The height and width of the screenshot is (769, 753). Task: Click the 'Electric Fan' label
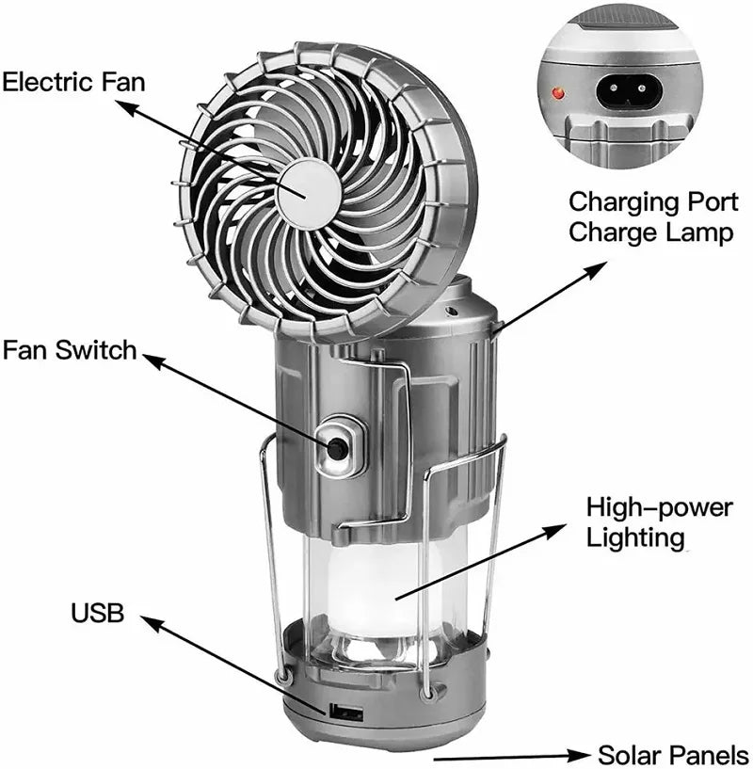coord(74,81)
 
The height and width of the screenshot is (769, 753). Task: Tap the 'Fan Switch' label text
coord(70,351)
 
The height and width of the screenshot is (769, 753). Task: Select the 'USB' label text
coord(98,614)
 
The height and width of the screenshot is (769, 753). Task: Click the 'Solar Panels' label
coord(673,754)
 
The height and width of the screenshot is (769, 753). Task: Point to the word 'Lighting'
coord(634,537)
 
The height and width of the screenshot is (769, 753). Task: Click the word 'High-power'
coord(659,508)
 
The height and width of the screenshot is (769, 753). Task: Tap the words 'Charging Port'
coord(653,201)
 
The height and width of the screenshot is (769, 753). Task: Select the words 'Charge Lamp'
coord(650,232)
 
